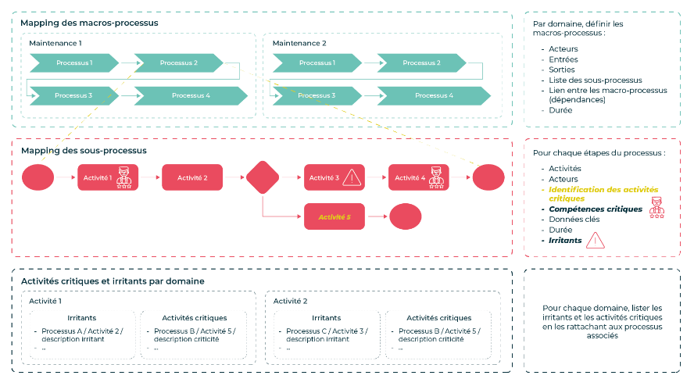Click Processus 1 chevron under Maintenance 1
click(73, 63)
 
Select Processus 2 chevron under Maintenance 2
click(422, 63)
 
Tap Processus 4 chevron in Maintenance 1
click(191, 95)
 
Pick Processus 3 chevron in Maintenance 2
click(316, 95)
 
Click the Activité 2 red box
click(192, 177)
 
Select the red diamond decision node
click(262, 177)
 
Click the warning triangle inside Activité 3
click(352, 177)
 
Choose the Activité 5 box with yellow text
click(334, 216)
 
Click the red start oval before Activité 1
click(38, 177)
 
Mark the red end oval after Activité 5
click(405, 216)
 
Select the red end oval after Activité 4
click(489, 177)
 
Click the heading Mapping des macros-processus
click(89, 23)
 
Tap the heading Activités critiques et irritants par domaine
click(113, 281)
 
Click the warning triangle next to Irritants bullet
click(596, 240)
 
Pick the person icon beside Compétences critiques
click(656, 207)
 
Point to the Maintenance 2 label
click(299, 43)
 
